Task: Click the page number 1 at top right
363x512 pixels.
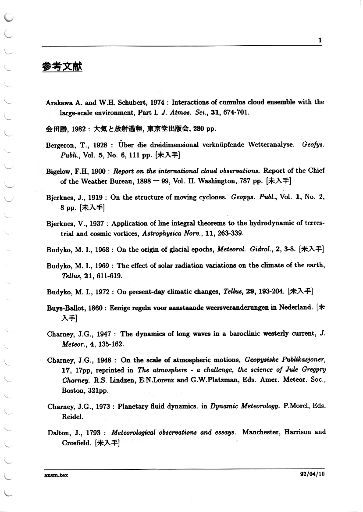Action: click(320, 40)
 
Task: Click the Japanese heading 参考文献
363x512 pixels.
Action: click(62, 67)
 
